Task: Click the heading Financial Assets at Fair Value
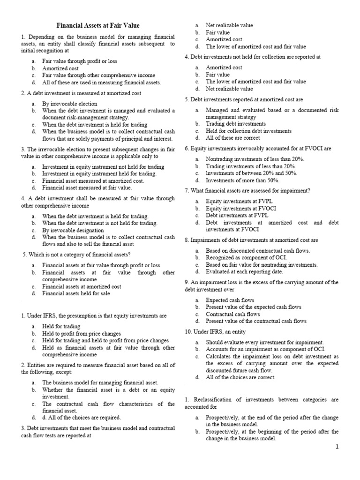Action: (x=98, y=25)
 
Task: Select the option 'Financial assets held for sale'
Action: (x=76, y=293)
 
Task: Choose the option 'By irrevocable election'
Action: (x=70, y=104)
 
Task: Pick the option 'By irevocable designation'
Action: (x=73, y=230)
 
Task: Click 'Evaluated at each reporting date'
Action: (x=245, y=271)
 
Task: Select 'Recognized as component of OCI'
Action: (x=246, y=257)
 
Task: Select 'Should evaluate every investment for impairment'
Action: (x=262, y=342)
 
